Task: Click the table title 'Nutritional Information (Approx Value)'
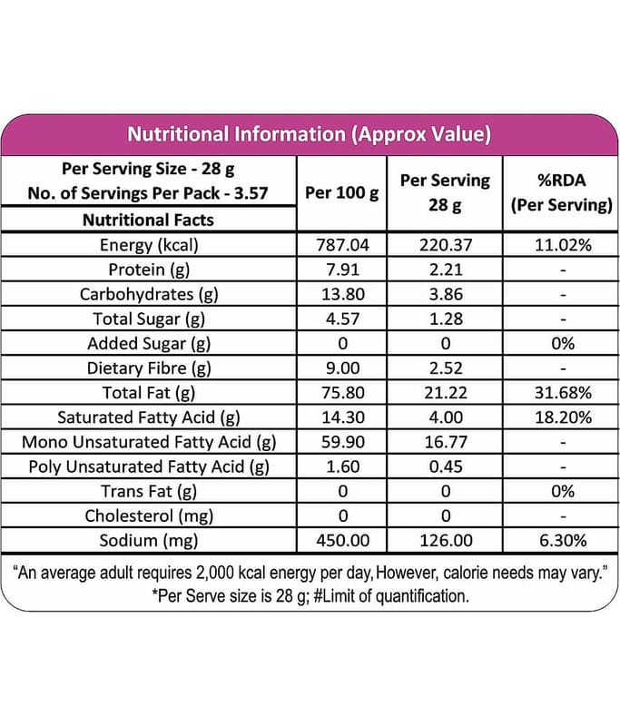309,134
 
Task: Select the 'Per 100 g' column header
341,192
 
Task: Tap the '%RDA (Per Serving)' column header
562,192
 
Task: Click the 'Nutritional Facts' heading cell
148,220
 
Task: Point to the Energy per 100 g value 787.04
342,245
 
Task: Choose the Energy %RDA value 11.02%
563,245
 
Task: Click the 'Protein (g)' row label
149,270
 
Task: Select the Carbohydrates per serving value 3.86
446,294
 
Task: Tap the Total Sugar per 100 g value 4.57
342,319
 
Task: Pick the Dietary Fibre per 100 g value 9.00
342,368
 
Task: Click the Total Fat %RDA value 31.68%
563,393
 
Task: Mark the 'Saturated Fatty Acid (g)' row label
149,417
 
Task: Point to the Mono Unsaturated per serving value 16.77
446,442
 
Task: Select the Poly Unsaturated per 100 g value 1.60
342,466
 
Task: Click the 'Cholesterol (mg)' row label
149,515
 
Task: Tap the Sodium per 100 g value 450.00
342,540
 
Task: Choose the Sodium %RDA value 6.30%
563,540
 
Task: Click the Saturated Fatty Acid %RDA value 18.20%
563,417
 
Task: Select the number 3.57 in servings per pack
251,193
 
